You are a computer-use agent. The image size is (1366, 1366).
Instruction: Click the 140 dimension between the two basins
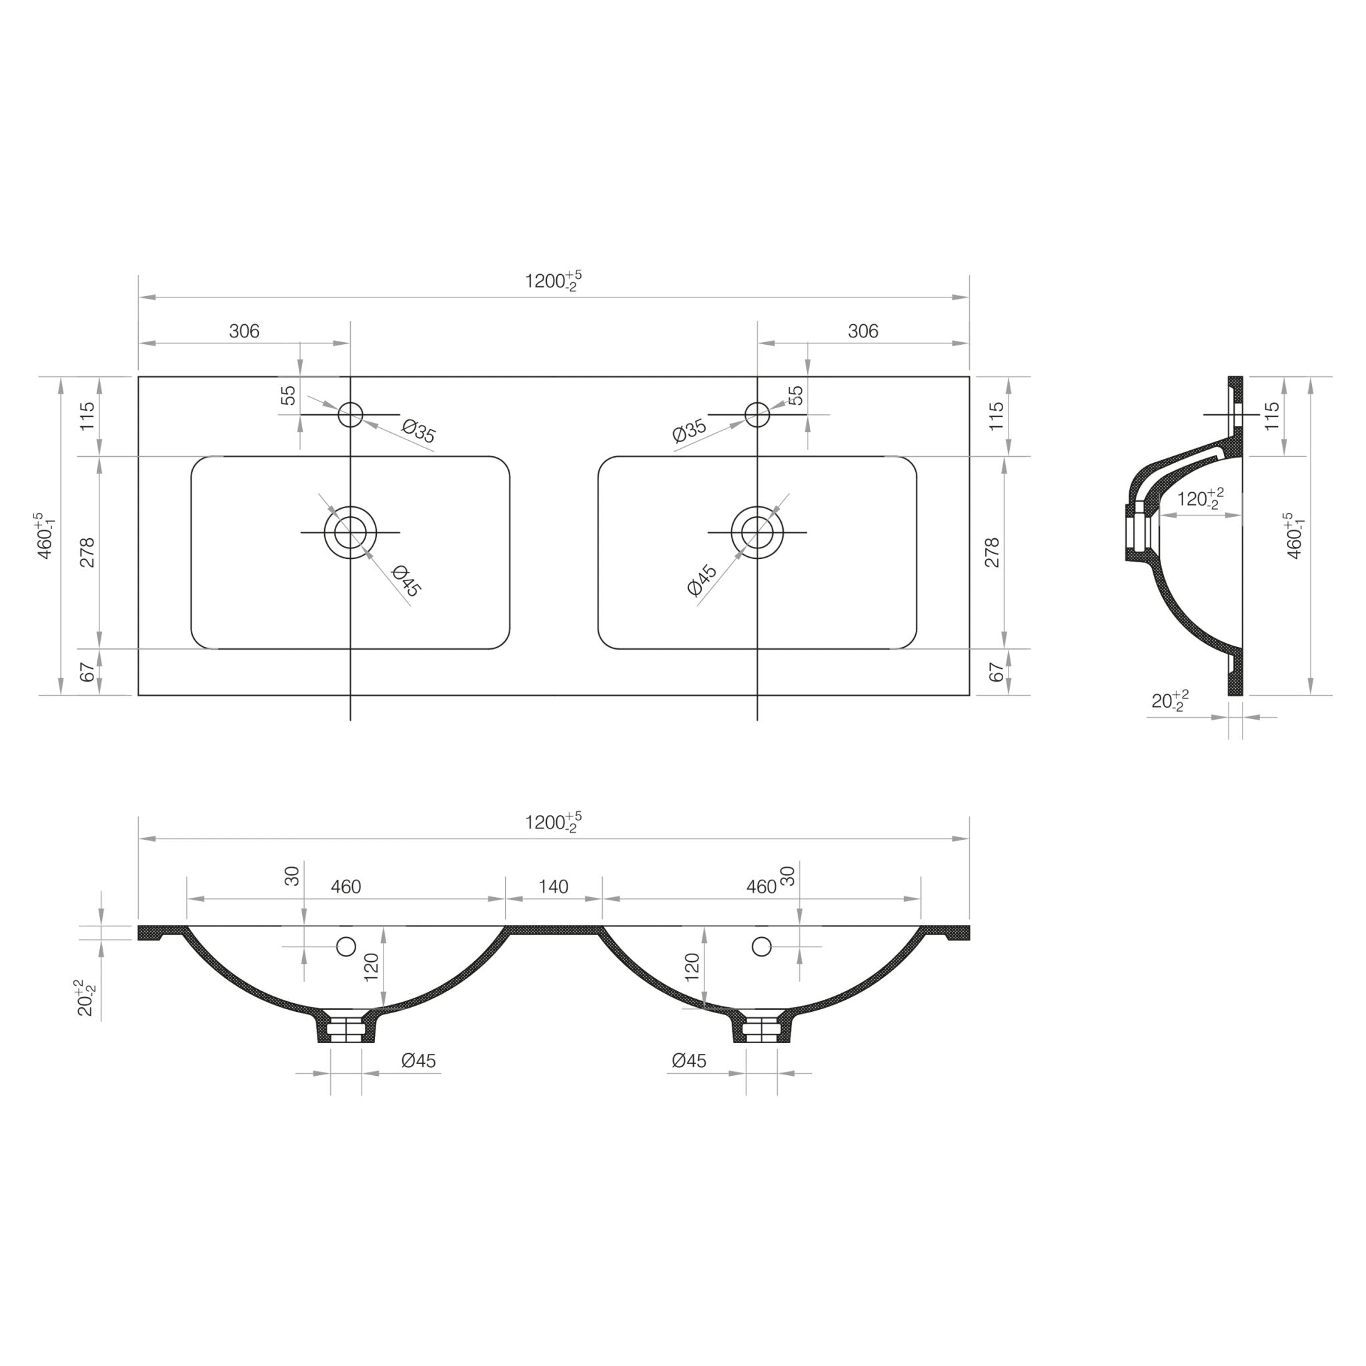(553, 886)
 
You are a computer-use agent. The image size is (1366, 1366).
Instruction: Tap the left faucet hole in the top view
(350, 414)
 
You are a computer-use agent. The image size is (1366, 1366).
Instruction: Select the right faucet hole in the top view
(757, 414)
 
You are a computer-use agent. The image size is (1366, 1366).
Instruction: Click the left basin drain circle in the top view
(350, 532)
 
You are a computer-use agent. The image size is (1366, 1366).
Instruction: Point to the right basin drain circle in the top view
(757, 532)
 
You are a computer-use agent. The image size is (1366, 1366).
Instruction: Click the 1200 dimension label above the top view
(552, 281)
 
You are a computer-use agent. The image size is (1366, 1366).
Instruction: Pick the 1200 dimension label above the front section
(552, 823)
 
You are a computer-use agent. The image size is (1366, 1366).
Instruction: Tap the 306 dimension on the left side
(244, 331)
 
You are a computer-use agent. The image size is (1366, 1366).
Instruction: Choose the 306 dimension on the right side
(862, 331)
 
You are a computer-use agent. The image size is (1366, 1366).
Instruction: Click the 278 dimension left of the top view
(87, 552)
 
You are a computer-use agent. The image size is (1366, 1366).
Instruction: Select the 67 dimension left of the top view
(87, 672)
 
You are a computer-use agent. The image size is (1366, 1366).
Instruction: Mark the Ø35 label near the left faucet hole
(419, 431)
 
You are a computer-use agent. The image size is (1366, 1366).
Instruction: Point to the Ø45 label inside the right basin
(702, 580)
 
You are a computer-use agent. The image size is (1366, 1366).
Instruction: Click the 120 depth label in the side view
(1199, 499)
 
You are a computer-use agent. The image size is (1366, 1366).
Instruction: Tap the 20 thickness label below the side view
(1169, 701)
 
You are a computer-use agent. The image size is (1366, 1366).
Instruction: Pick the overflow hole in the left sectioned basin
(346, 946)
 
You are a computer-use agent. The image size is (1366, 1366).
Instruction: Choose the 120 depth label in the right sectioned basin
(692, 966)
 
